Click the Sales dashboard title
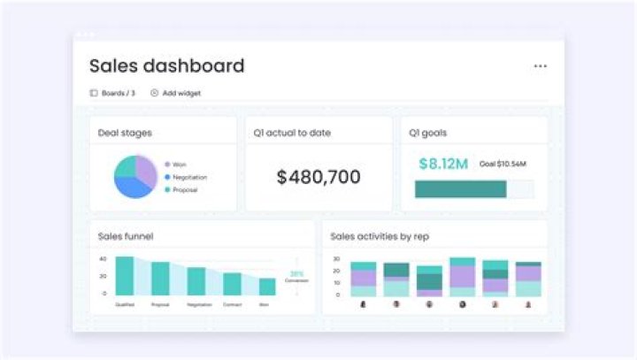166,66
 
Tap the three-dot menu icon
541,66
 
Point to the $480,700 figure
318,177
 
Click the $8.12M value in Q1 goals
443,164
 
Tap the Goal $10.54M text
503,165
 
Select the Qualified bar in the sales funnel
125,275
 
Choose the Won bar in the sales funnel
267,286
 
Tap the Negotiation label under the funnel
199,304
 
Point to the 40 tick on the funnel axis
103,259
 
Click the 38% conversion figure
296,273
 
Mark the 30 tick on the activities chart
336,259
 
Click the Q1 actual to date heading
292,134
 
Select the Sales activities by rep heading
380,236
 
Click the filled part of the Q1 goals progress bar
460,189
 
